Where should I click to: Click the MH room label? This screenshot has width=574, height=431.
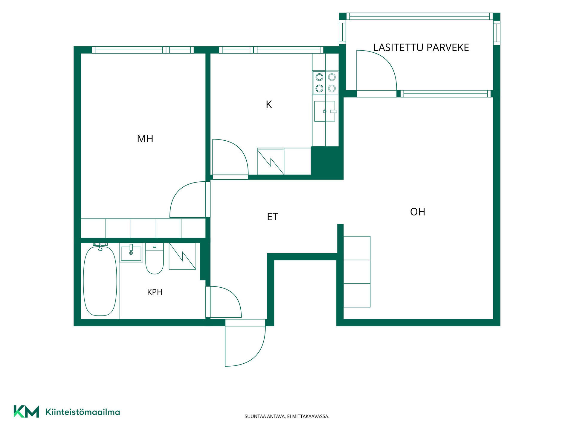tap(145, 139)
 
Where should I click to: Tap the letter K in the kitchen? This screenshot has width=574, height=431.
tap(269, 104)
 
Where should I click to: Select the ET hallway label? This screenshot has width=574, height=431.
tap(272, 217)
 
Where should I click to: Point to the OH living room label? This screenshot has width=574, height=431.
tap(418, 212)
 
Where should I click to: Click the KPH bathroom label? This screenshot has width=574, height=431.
tap(155, 292)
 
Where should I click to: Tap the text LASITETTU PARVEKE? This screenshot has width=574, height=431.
tap(421, 47)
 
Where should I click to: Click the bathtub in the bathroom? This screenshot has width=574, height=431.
tap(100, 280)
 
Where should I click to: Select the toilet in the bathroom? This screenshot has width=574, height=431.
tap(155, 259)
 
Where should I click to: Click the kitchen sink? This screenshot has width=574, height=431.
tap(325, 111)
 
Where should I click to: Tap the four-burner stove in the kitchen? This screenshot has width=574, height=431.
tap(326, 83)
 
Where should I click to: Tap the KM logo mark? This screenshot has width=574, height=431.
tap(26, 412)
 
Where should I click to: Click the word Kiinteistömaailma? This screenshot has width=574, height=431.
tap(83, 412)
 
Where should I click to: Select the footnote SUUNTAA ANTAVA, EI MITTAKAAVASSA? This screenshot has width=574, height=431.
tap(287, 416)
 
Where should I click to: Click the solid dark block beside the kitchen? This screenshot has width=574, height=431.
tap(327, 163)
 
